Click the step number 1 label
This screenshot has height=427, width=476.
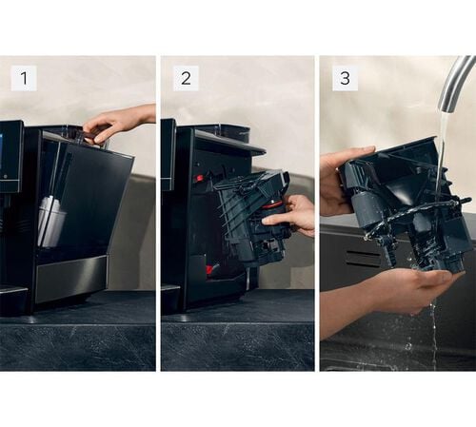[24, 78]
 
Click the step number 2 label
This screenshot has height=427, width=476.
[186, 78]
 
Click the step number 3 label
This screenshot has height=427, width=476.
[345, 78]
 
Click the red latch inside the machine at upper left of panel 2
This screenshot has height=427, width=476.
[199, 177]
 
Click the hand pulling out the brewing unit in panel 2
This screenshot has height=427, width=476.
[289, 213]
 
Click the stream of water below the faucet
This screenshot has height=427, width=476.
[443, 159]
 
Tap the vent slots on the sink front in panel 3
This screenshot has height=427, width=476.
[363, 259]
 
